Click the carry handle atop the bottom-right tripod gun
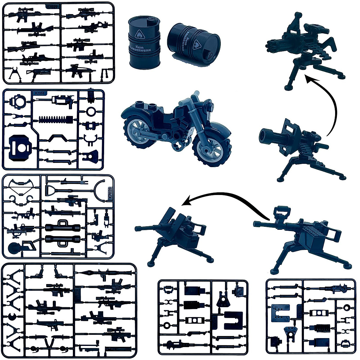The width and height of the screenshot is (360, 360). tap(282, 212)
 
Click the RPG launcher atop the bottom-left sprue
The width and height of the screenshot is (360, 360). tap(103, 272)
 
